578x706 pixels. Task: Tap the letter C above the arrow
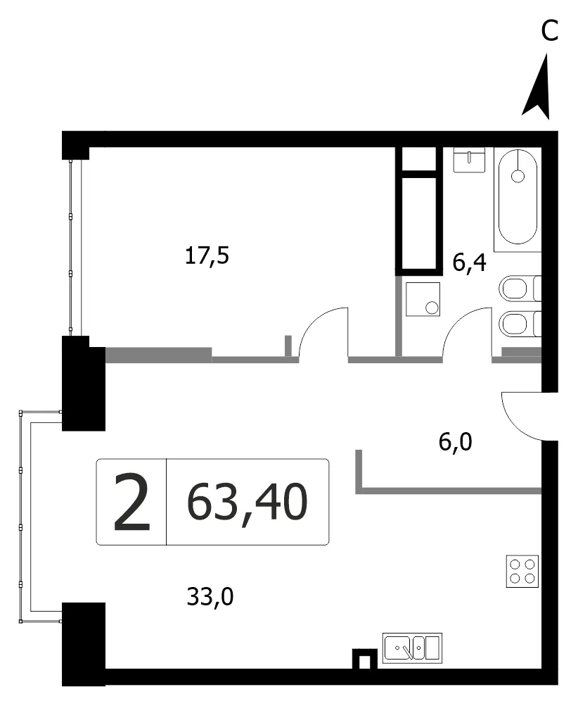[x=549, y=31]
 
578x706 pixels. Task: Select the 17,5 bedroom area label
[x=207, y=256]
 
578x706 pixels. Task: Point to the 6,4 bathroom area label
[x=469, y=262]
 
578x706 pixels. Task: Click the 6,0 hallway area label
[x=455, y=442]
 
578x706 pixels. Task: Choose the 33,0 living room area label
[x=210, y=597]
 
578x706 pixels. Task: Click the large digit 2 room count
[x=131, y=502]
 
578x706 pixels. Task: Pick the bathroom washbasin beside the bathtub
[x=469, y=160]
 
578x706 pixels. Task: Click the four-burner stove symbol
[x=522, y=572]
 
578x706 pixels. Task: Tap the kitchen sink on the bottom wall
[x=413, y=648]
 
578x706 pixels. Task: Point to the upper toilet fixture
[x=520, y=288]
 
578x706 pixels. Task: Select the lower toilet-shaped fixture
[x=520, y=324]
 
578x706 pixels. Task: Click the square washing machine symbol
[x=423, y=299]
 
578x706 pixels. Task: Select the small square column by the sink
[x=365, y=659]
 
